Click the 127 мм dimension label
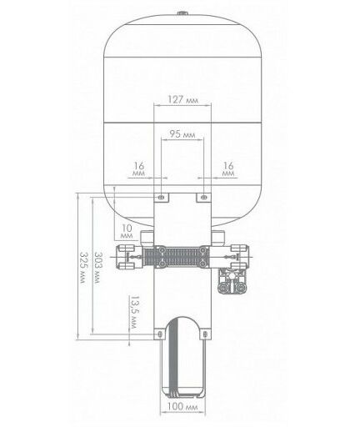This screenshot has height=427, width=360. click(183, 99)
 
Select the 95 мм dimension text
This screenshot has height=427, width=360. click(182, 134)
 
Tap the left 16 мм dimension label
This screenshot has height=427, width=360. click(139, 168)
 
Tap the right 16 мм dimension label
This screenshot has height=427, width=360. click(228, 168)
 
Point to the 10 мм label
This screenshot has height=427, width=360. click(127, 232)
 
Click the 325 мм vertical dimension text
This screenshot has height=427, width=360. click(82, 268)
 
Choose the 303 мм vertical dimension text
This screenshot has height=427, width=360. click(97, 268)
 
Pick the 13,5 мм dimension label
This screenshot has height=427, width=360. click(134, 312)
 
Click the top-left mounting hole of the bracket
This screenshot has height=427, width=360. click(161, 197)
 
